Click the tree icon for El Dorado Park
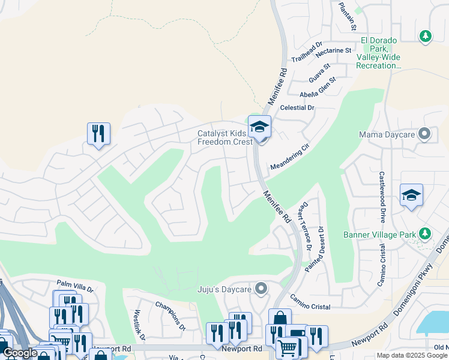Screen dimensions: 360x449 pyautogui.click(x=426, y=37)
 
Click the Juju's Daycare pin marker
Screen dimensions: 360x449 pyautogui.click(x=261, y=289)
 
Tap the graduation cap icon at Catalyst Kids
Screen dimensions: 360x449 pyautogui.click(x=260, y=127)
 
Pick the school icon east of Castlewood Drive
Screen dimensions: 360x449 pyautogui.click(x=411, y=196)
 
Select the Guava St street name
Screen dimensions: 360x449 pyautogui.click(x=319, y=72)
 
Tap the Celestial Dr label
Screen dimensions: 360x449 pyautogui.click(x=297, y=107)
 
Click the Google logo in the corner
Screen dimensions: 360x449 pyautogui.click(x=20, y=353)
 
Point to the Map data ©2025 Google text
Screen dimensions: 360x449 pyautogui.click(x=411, y=355)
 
